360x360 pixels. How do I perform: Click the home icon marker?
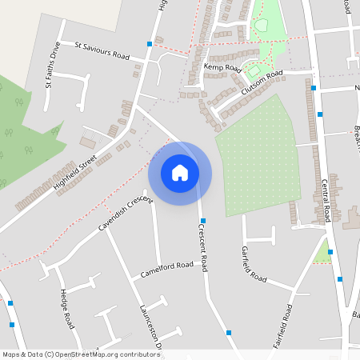(180, 173)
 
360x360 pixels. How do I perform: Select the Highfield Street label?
(75, 173)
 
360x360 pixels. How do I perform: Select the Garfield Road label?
(254, 265)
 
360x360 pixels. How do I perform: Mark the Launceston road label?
(150, 328)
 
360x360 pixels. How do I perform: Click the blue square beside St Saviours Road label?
(149, 43)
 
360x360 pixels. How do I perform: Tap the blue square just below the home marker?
(203, 220)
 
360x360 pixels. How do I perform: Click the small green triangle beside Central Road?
(323, 254)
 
